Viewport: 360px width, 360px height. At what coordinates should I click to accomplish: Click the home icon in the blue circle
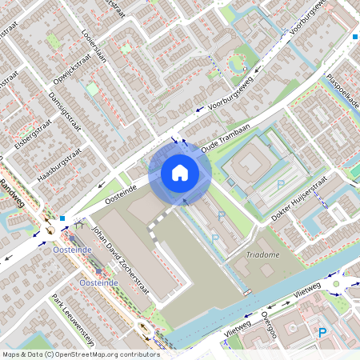180,172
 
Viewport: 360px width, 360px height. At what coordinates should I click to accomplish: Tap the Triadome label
262,255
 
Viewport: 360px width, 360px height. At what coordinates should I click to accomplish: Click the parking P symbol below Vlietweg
322,333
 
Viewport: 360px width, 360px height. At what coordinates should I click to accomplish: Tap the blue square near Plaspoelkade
355,36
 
